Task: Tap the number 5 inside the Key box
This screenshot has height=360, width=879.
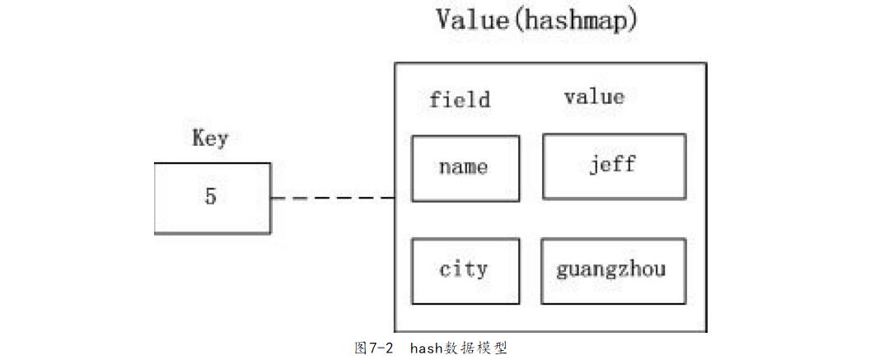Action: pyautogui.click(x=211, y=198)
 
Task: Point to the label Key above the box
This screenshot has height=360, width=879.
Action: pyautogui.click(x=210, y=138)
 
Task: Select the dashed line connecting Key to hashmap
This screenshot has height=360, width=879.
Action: pyautogui.click(x=332, y=198)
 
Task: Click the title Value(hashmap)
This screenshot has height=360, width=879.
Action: pyautogui.click(x=537, y=19)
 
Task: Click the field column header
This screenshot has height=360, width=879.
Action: pyautogui.click(x=460, y=100)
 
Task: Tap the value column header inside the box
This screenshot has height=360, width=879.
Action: pyautogui.click(x=594, y=96)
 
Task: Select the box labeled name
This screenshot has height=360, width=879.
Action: pyautogui.click(x=465, y=168)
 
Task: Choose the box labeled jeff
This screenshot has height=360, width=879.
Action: pyautogui.click(x=614, y=166)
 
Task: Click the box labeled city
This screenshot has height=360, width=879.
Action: pyautogui.click(x=465, y=271)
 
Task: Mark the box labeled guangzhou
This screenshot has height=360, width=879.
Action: pyautogui.click(x=614, y=270)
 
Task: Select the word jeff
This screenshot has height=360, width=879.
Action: pyautogui.click(x=613, y=164)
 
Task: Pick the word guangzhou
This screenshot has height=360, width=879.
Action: pyautogui.click(x=610, y=270)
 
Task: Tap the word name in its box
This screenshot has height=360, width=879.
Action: pyautogui.click(x=464, y=167)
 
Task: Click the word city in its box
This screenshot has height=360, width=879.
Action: pyautogui.click(x=464, y=269)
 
